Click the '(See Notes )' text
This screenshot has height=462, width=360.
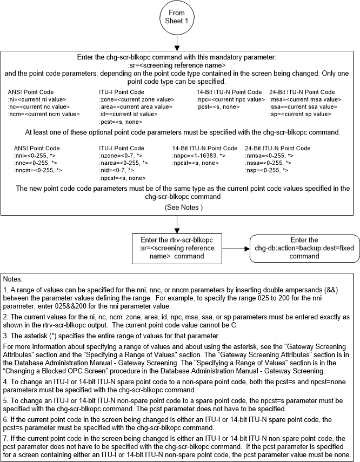tap(179, 207)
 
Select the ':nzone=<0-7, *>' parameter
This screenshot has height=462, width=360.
tap(119, 156)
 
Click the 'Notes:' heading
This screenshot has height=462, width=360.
tap(13, 280)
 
